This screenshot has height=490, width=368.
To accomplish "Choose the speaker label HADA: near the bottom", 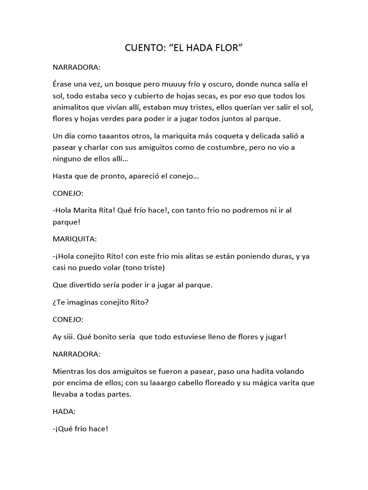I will tap(63, 411).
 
